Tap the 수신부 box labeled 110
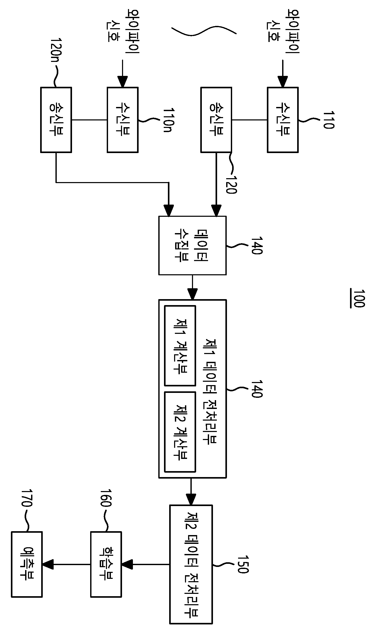coord(283,120)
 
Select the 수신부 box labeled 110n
coord(123,120)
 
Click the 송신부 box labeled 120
coord(216,120)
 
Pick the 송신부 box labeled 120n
coord(56,120)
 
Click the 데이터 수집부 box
coord(192,245)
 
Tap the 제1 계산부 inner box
coord(180,345)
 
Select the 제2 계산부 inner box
coord(180,432)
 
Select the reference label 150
coord(243,564)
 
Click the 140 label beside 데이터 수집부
coord(257,245)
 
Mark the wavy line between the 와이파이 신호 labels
coord(204,31)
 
